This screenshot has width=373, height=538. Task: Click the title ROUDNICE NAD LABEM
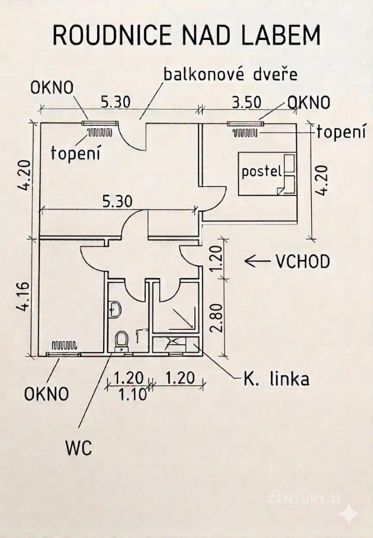tap(186, 35)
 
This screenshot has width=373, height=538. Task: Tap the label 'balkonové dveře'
tap(230, 74)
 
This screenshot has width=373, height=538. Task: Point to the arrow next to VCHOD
tap(256, 261)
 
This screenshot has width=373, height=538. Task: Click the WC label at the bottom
tap(79, 448)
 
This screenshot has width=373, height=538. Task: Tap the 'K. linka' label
tap(276, 379)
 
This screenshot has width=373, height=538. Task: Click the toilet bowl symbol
tap(122, 341)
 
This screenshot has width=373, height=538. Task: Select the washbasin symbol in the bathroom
tap(114, 309)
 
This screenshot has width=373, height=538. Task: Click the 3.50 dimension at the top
tap(247, 102)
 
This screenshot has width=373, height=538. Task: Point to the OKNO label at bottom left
tap(46, 394)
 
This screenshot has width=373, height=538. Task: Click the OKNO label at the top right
tap(309, 102)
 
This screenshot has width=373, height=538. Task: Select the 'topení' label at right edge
tap(341, 132)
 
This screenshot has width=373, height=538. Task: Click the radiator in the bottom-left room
tap(64, 345)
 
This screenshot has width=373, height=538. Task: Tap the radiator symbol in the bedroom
tap(245, 133)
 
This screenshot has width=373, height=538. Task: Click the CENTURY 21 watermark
tap(304, 499)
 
